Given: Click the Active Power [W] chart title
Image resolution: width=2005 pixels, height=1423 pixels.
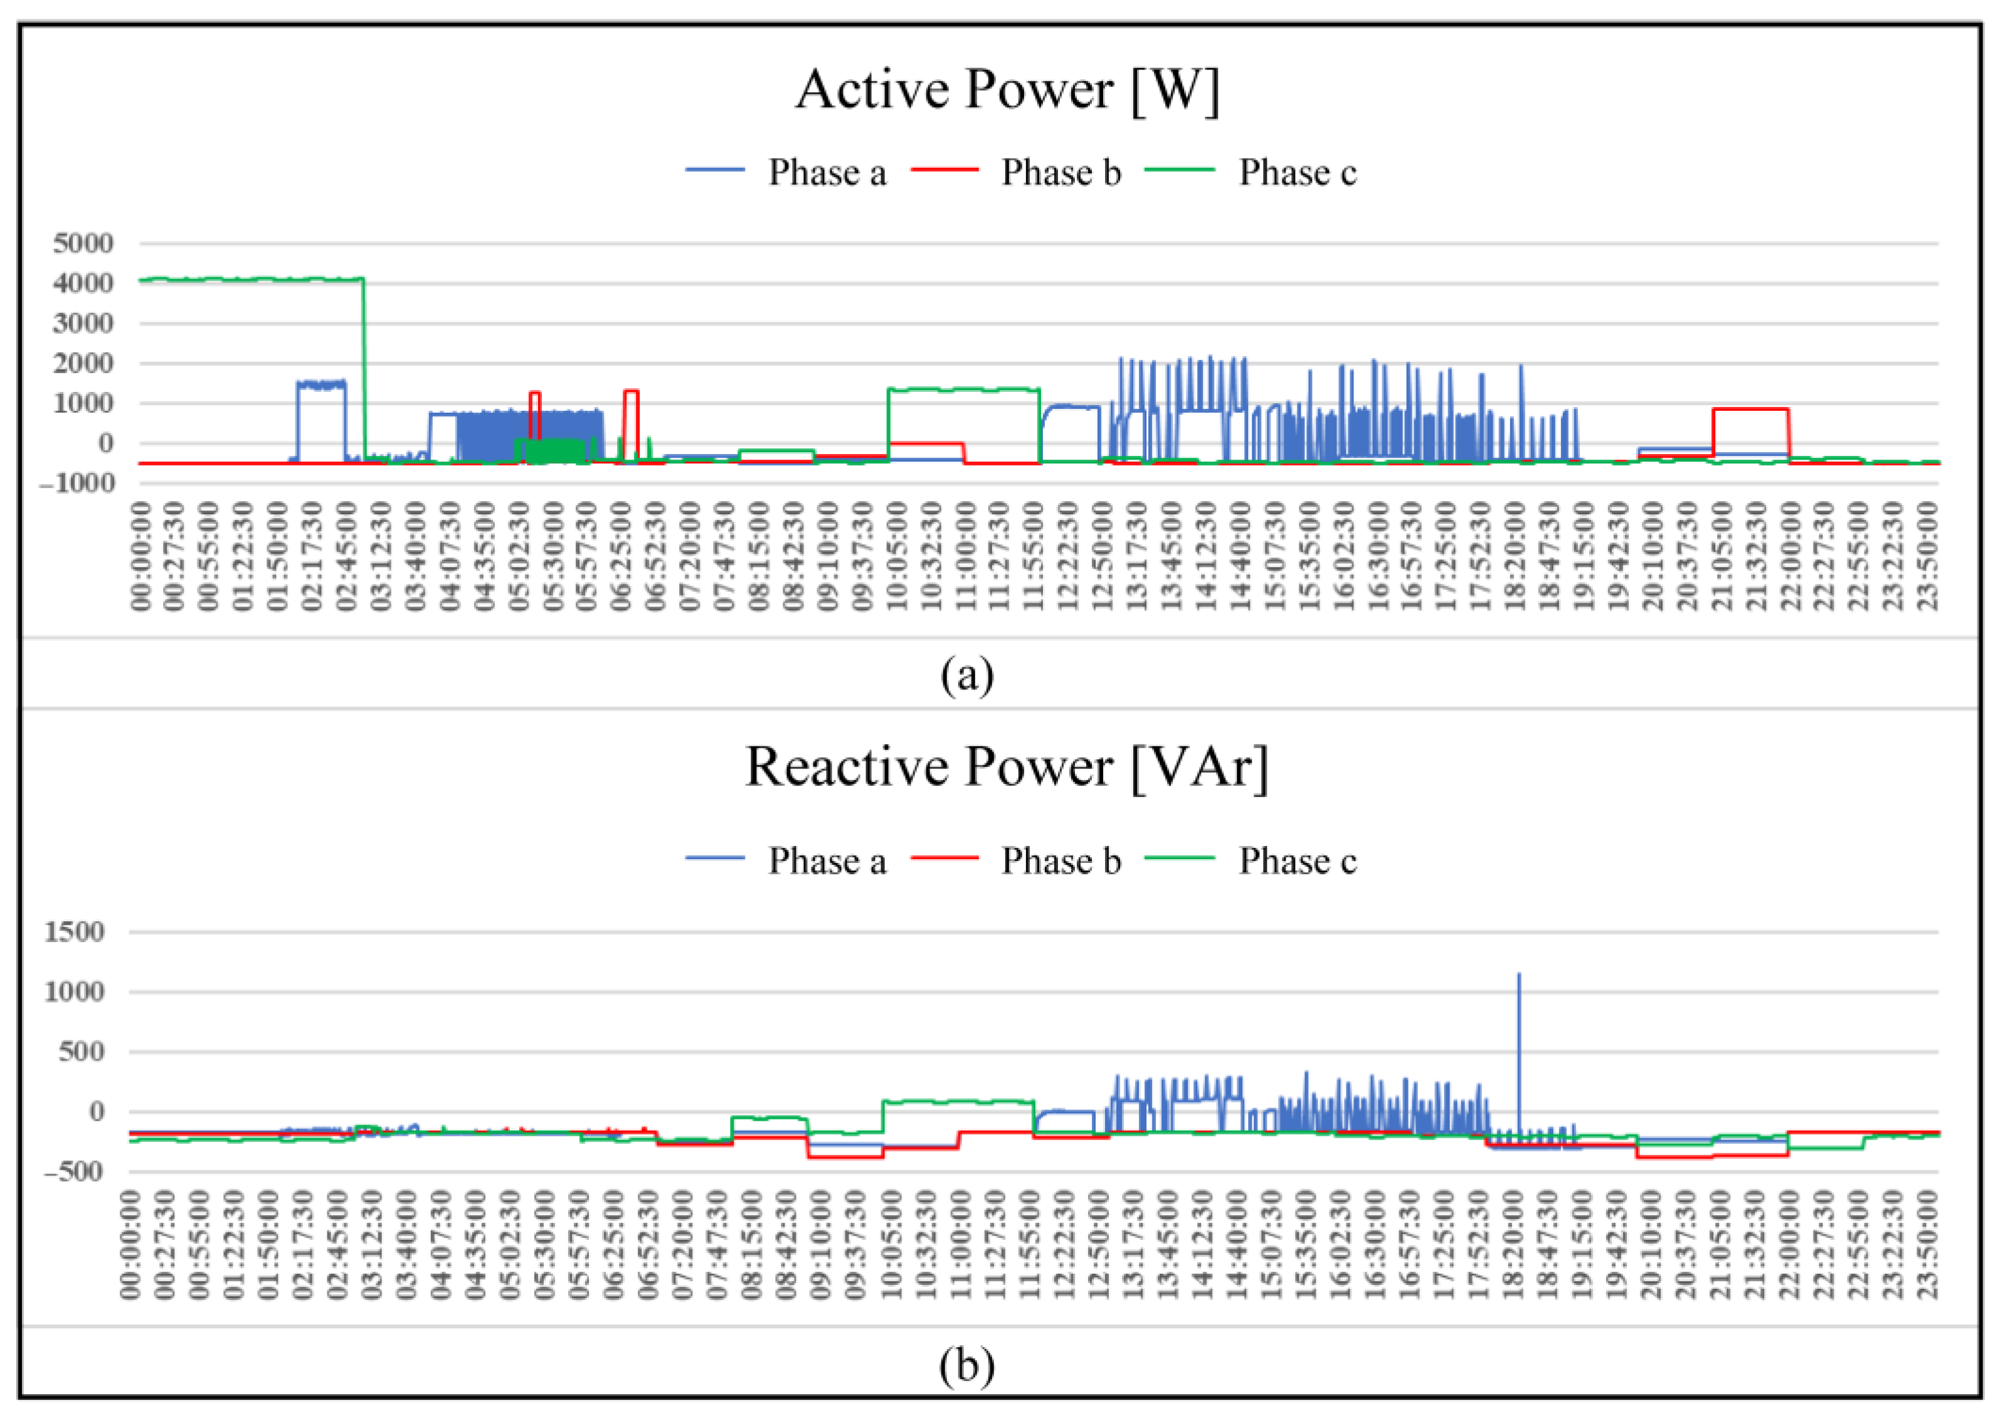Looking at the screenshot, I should (1006, 90).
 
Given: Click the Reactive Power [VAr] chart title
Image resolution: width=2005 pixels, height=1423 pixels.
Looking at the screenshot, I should (1006, 768).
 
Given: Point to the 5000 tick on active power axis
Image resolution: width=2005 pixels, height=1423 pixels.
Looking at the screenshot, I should (83, 243).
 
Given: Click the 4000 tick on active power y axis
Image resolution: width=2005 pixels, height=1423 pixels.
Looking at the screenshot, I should (83, 283).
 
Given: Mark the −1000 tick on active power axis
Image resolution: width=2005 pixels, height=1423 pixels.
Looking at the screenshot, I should (77, 483).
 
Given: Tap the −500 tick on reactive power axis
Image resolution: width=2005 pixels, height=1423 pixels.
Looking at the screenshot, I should (73, 1172).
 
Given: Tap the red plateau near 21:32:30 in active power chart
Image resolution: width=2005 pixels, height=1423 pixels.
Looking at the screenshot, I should (1750, 409).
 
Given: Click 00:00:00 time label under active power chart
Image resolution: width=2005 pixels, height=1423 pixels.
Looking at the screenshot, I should (141, 556).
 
